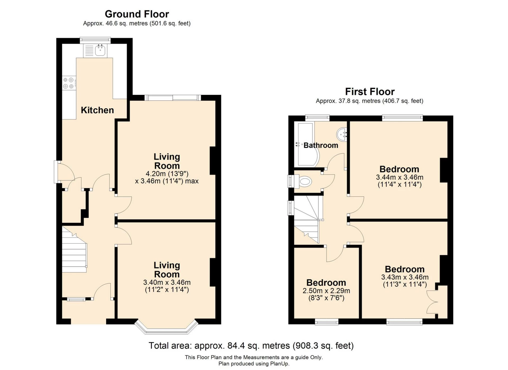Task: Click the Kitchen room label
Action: pyautogui.click(x=97, y=110)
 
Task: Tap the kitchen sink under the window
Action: pyautogui.click(x=100, y=50)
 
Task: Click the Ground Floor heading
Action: pyautogui.click(x=137, y=14)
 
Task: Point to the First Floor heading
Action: pyautogui.click(x=369, y=92)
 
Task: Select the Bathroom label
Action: pyautogui.click(x=321, y=145)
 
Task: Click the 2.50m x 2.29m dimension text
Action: pyautogui.click(x=326, y=291)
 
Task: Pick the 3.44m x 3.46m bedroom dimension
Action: pyautogui.click(x=399, y=177)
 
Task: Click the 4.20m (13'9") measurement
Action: pyautogui.click(x=167, y=174)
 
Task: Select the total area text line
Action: pyautogui.click(x=251, y=346)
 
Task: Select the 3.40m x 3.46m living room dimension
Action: pyautogui.click(x=167, y=283)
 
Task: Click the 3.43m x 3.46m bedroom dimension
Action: pyautogui.click(x=405, y=277)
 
